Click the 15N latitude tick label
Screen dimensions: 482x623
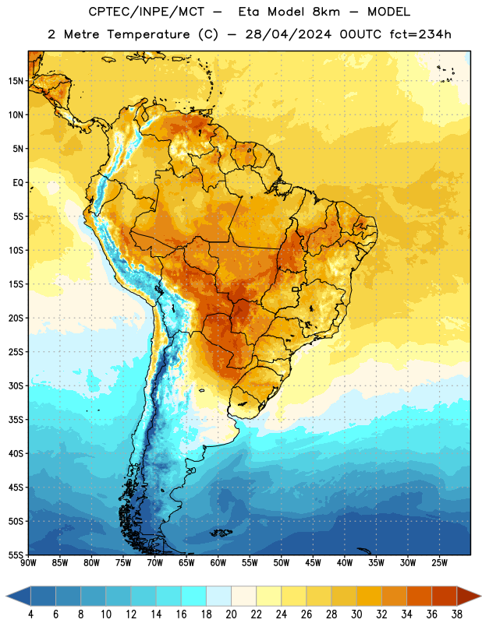click(x=16, y=81)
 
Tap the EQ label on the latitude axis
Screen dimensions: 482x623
click(x=18, y=183)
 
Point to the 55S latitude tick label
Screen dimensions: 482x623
click(x=16, y=554)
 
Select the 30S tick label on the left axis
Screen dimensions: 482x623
click(x=16, y=385)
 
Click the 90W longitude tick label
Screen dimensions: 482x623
click(x=28, y=563)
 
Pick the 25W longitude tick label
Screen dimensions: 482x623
click(x=439, y=563)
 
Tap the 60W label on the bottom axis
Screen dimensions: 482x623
click(x=218, y=563)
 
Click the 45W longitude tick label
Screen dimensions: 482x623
click(x=313, y=563)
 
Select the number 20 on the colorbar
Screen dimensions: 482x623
click(x=231, y=614)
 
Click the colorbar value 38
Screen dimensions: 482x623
click(x=457, y=614)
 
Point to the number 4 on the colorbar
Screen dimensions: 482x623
click(x=30, y=614)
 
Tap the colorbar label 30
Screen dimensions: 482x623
click(x=356, y=614)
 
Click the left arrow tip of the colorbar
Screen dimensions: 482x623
click(x=6, y=596)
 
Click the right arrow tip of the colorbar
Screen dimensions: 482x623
click(x=481, y=596)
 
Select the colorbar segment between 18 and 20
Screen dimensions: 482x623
click(x=218, y=596)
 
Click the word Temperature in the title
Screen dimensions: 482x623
click(x=148, y=34)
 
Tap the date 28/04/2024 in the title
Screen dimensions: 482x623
click(x=288, y=34)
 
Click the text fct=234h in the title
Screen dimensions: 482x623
click(x=420, y=34)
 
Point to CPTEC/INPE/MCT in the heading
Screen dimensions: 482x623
click(x=146, y=12)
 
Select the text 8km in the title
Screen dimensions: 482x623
click(x=326, y=12)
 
